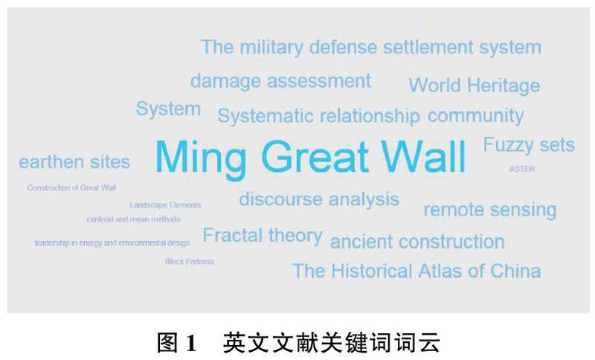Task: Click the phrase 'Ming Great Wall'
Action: point(311,158)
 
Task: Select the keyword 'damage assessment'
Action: point(281,81)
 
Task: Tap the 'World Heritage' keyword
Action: point(475,86)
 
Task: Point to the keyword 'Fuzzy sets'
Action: point(529,145)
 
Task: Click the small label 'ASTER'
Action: point(522,169)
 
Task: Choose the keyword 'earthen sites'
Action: point(75,162)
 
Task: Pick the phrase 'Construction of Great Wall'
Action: point(71,187)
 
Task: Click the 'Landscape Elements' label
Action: point(165,205)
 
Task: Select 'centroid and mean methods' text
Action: point(134,219)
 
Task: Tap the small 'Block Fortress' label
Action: point(190,261)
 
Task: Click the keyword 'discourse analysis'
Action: point(319,199)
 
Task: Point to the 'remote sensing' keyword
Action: point(490,210)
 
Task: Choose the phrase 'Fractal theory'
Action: point(263,236)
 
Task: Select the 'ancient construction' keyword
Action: point(417,242)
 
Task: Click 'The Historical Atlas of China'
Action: point(416,271)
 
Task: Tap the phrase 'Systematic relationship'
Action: point(319,116)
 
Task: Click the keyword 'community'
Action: point(476,116)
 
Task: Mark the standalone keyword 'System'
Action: point(168,109)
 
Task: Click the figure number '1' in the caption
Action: point(191,343)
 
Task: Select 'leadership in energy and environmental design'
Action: point(112,242)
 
